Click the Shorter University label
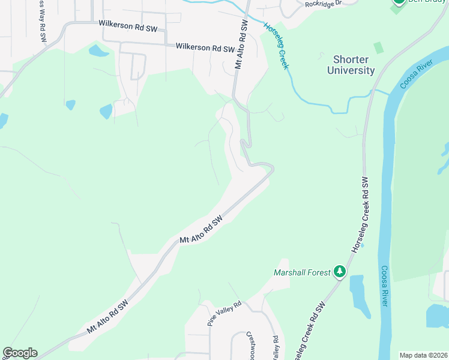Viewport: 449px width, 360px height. (351, 65)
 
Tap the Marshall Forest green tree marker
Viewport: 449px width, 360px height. (340, 272)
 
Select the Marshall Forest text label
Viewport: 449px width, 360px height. (302, 273)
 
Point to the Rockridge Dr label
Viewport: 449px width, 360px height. (322, 4)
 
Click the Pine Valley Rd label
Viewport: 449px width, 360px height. (224, 313)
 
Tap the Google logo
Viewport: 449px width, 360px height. (20, 353)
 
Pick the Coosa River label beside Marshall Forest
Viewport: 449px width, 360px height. (384, 287)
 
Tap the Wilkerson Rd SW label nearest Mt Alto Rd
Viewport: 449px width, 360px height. (204, 47)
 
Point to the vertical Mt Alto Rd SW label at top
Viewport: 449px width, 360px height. (241, 46)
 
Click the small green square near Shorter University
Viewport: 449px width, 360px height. (378, 47)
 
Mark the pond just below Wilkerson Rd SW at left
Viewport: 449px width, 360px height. (98, 50)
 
